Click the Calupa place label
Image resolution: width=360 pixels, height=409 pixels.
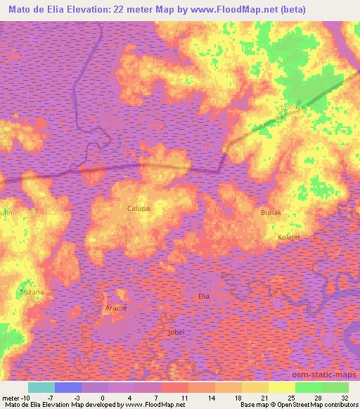139,209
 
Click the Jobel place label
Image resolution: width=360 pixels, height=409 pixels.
177,332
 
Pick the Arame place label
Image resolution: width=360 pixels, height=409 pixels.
116,309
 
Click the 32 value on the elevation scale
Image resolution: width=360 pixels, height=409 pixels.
344,398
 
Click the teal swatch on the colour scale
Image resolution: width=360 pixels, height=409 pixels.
41,387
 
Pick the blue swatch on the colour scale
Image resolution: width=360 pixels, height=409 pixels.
68,387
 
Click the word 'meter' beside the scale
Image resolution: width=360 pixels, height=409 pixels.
12,398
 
